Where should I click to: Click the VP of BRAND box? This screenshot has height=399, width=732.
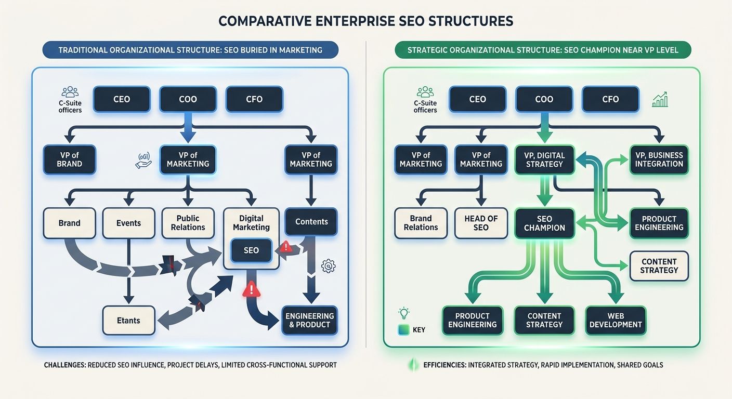[x=69, y=159]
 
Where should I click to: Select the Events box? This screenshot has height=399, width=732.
[x=128, y=223]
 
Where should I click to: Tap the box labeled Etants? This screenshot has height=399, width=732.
[x=128, y=320]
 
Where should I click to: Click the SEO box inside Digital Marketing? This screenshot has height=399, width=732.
[x=251, y=250]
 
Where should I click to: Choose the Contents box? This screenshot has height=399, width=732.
[x=311, y=222]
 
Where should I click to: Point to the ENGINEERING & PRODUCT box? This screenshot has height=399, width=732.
[x=310, y=320]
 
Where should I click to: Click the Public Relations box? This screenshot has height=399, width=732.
[x=188, y=223]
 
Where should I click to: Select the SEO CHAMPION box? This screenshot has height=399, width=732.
[x=544, y=223]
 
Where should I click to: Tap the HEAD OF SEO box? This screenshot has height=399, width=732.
[x=481, y=223]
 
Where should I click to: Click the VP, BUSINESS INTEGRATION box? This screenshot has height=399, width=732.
[x=659, y=159]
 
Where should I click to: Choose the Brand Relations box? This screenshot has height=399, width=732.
[x=421, y=223]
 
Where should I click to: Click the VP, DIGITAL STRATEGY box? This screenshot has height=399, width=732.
[x=544, y=159]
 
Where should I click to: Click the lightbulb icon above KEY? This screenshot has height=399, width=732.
[x=403, y=313]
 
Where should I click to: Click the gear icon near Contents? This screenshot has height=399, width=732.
[x=328, y=267]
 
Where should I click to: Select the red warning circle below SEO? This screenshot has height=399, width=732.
[x=251, y=288]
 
